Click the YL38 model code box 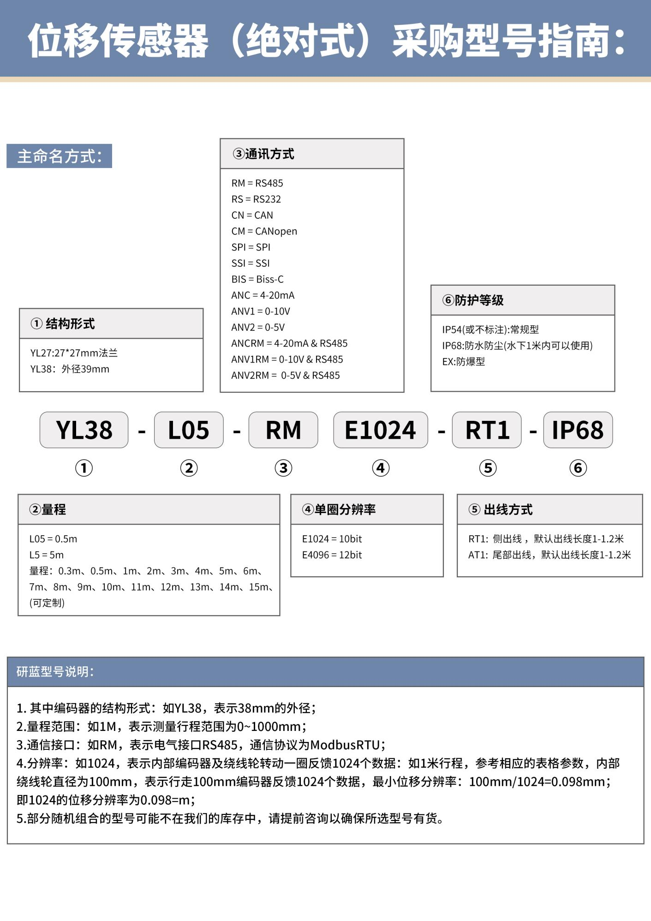pyautogui.click(x=84, y=430)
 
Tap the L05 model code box pyautogui.click(x=189, y=430)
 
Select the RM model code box pyautogui.click(x=283, y=430)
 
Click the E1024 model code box pyautogui.click(x=381, y=430)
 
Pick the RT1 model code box pyautogui.click(x=487, y=430)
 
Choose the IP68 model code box pyautogui.click(x=578, y=430)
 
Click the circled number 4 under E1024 pyautogui.click(x=381, y=468)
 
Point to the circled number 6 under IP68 pyautogui.click(x=578, y=468)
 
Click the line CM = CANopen pyautogui.click(x=264, y=231)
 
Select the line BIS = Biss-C pyautogui.click(x=257, y=279)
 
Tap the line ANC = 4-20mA pyautogui.click(x=263, y=295)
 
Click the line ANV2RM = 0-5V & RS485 pyautogui.click(x=285, y=376)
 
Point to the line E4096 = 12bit pyautogui.click(x=332, y=555)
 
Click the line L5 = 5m pyautogui.click(x=47, y=555)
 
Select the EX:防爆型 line pyautogui.click(x=463, y=362)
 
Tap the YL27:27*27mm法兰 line pyautogui.click(x=74, y=353)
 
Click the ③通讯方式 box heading pyautogui.click(x=263, y=154)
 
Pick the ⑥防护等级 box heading pyautogui.click(x=473, y=300)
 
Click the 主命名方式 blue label pyautogui.click(x=59, y=156)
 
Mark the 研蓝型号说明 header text pyautogui.click(x=55, y=672)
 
